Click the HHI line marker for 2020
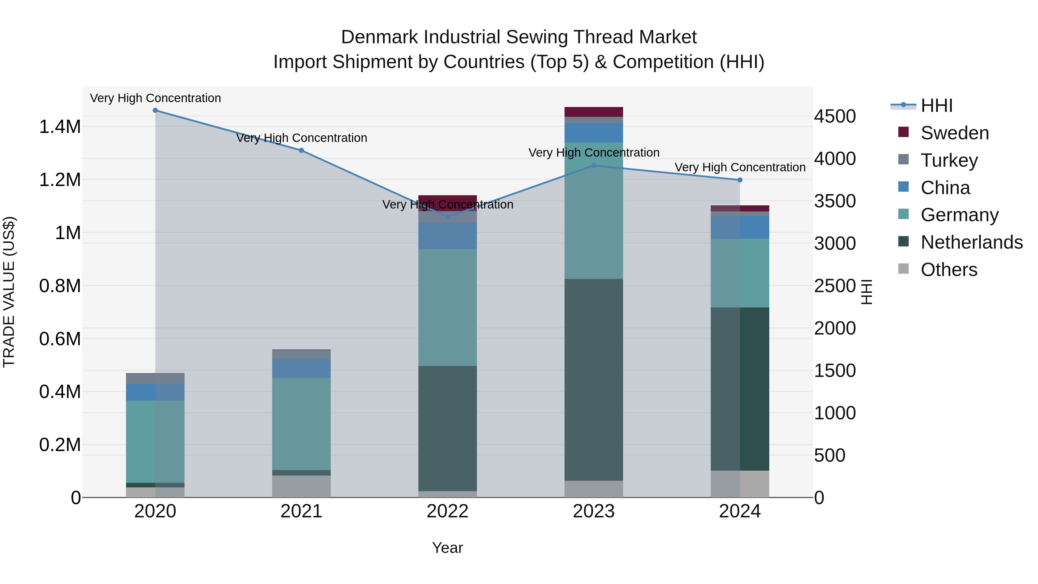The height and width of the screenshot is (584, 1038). coord(155,110)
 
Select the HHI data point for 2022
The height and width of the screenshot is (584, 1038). coord(447,217)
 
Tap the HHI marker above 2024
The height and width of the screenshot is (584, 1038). coord(740,180)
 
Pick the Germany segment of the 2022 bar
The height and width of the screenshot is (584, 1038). coord(447,307)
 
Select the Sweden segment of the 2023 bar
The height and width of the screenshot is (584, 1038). coord(594,112)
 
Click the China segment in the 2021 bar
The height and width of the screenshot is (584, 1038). coord(301,368)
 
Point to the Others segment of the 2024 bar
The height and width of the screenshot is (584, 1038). coord(740,484)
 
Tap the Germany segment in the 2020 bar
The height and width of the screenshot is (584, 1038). coord(155,441)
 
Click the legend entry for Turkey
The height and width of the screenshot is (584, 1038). coord(949,160)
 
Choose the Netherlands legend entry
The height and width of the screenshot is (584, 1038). coord(971,242)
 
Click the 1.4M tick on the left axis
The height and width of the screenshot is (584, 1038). coord(60,127)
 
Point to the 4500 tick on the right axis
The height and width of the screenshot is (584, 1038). coord(835,117)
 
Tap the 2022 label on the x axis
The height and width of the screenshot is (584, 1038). coord(447,511)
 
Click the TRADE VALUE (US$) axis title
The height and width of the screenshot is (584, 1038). coord(9,292)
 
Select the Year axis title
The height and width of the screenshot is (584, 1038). coord(447,548)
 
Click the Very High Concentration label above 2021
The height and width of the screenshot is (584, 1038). coord(301,138)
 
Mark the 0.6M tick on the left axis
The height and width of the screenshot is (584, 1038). coord(60,339)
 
